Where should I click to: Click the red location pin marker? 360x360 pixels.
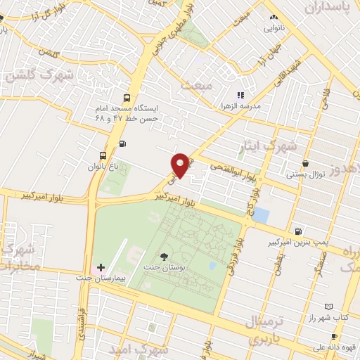pos(181,165)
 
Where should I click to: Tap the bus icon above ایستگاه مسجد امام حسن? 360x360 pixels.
pos(127,98)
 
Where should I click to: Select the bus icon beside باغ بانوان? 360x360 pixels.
pos(104,155)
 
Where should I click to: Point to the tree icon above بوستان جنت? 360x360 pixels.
pos(165,257)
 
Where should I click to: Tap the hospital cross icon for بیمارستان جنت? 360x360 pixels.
pos(101,268)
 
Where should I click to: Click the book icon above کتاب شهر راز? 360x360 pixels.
pos(330,307)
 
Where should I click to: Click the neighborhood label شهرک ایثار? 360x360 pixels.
pos(259,146)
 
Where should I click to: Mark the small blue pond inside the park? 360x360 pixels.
pos(212,266)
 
